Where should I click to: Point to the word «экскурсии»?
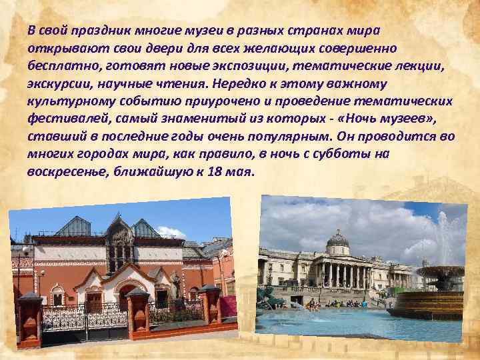point(57,83)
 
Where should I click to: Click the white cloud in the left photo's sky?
point(169,231)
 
